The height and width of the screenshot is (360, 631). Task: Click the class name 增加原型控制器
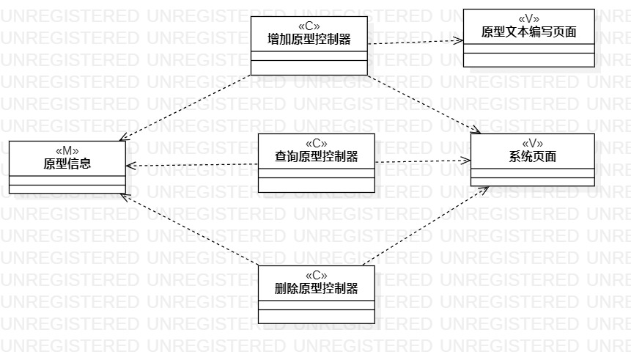(309, 39)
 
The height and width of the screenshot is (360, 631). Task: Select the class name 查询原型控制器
(316, 156)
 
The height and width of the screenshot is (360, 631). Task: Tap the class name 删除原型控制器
(316, 288)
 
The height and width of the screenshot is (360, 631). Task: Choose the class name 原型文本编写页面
(528, 32)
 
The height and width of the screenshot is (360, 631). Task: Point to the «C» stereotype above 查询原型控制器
(316, 143)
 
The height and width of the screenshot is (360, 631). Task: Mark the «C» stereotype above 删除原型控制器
(316, 275)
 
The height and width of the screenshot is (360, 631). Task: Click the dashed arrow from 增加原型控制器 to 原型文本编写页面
(415, 42)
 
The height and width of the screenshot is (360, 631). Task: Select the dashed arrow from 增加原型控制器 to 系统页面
(424, 103)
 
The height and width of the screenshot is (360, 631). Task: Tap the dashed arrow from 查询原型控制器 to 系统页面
(422, 161)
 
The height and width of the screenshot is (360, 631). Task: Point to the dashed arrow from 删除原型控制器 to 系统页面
(424, 227)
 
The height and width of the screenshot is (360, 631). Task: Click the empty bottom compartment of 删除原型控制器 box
(316, 316)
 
